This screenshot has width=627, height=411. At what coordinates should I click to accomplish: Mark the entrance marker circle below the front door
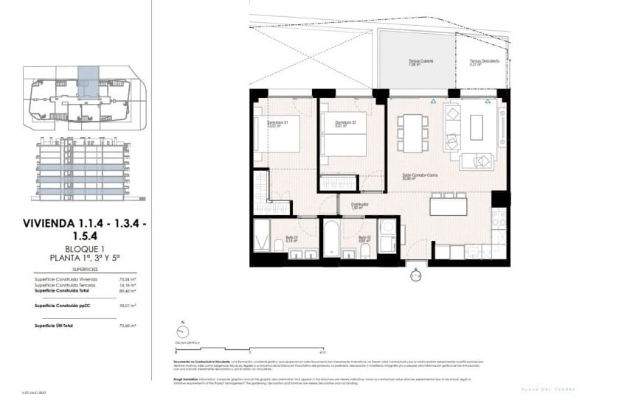[x=416, y=276]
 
